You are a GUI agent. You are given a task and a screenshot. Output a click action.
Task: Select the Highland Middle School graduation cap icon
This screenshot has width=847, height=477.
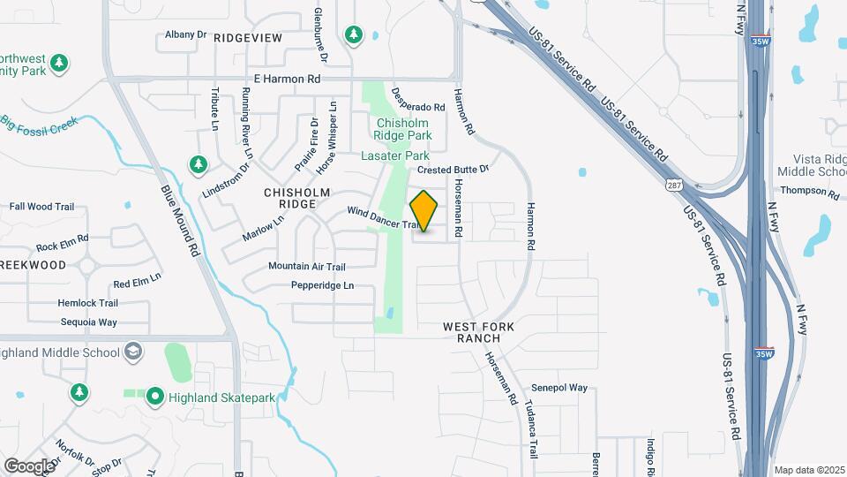(133, 352)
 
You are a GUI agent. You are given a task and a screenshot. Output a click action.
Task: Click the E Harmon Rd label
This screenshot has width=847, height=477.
(287, 79)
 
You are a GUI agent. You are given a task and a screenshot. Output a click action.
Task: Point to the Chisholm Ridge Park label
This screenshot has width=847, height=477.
(404, 129)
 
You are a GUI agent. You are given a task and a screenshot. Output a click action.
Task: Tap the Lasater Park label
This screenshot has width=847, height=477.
(394, 155)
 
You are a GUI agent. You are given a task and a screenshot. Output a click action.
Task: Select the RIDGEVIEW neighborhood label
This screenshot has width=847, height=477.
(247, 37)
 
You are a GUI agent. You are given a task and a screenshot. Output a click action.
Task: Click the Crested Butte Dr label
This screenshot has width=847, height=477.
(453, 169)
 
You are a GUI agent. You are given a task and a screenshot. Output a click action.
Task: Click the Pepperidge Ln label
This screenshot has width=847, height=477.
(323, 285)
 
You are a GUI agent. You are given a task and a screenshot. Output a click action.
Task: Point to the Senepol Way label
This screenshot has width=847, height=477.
(559, 388)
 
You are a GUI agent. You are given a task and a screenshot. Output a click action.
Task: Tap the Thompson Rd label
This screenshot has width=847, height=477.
(809, 192)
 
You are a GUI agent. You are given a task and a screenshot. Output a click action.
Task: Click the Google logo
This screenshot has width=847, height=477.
(29, 466)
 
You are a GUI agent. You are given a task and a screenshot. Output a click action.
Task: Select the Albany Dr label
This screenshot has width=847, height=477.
(185, 35)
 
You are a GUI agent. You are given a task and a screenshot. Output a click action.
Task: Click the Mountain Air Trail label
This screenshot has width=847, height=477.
(307, 266)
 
